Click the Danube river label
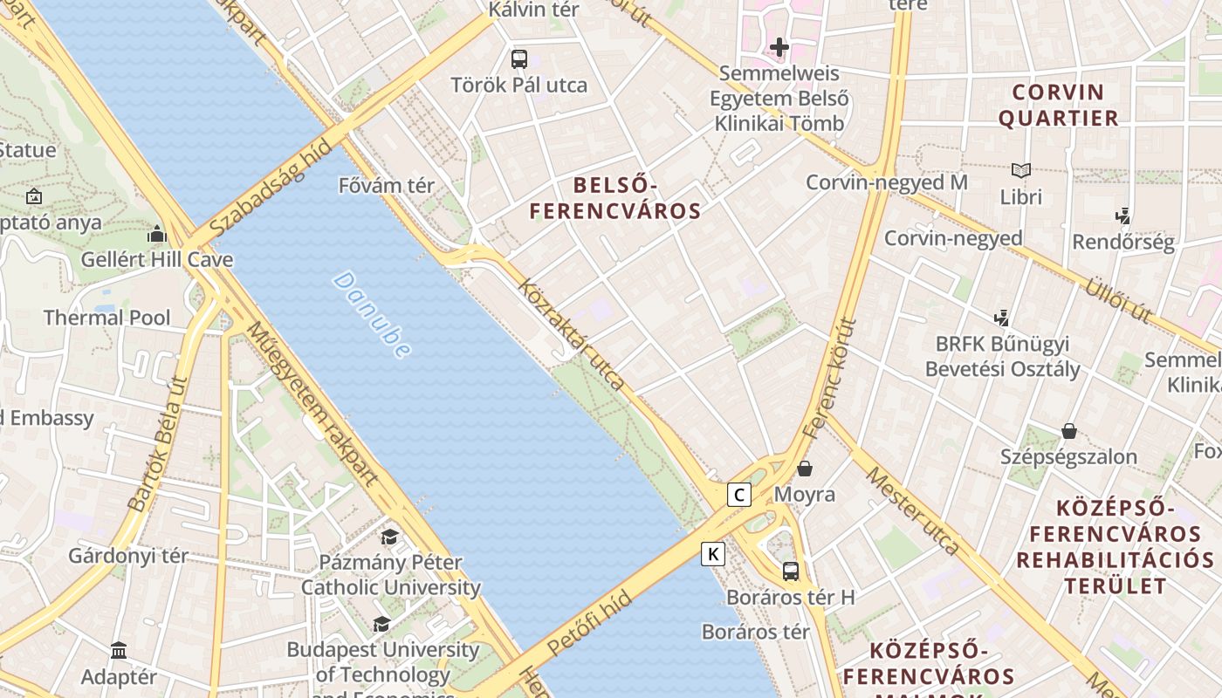coord(372,315)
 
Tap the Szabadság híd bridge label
coord(271,187)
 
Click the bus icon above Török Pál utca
coord(519,59)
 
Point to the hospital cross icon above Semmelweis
coord(779,46)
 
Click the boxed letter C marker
coord(739,495)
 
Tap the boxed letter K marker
coord(713,553)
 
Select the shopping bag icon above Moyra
coord(805,469)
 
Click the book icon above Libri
coord(1020,170)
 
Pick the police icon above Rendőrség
coord(1122,216)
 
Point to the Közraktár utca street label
coord(571,334)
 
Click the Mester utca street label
coord(912,510)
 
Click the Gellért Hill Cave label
coord(157,260)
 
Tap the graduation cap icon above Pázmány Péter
coord(389,537)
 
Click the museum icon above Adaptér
coord(119,650)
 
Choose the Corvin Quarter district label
coord(1058,105)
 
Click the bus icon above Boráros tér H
coord(790,571)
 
